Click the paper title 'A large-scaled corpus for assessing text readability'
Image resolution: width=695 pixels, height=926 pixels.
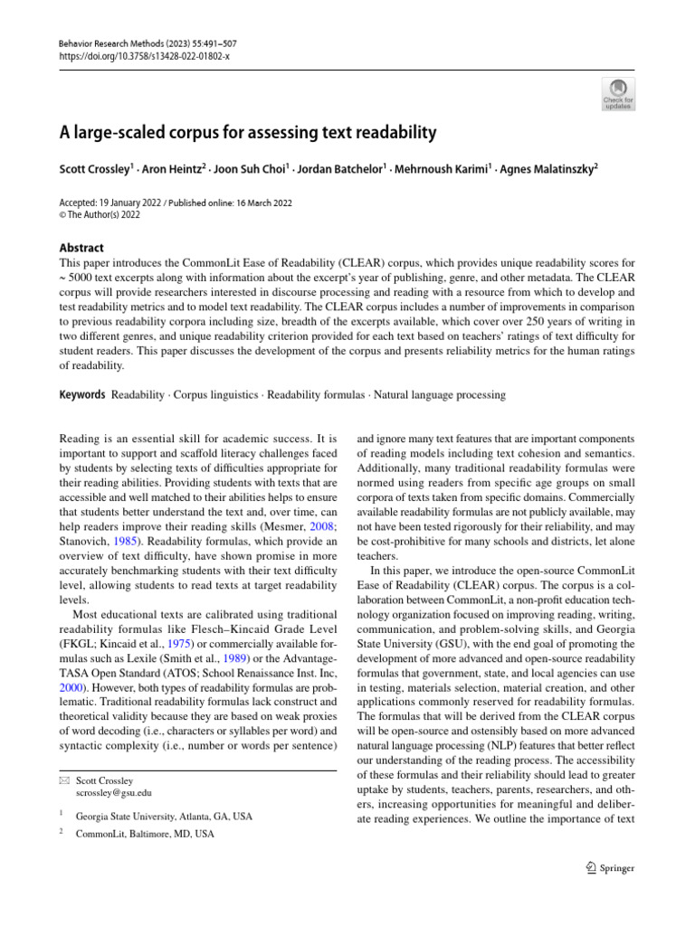[249, 133]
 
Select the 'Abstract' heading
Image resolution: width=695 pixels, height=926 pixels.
[81, 248]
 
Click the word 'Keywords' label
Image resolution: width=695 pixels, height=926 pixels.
[81, 395]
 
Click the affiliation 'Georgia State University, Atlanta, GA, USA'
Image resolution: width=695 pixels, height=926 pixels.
[165, 817]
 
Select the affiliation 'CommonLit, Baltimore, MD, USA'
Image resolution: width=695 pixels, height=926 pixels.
[146, 835]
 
